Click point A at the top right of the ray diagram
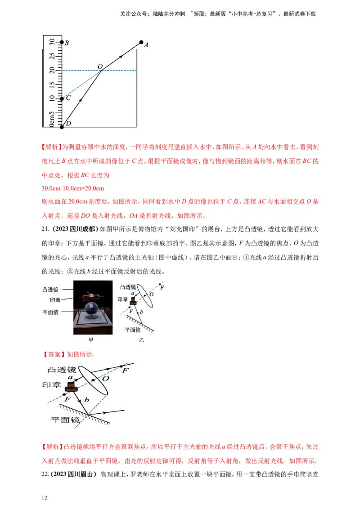141,42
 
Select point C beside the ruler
62,98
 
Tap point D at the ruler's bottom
62,127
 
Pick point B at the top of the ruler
62,42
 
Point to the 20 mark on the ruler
51,70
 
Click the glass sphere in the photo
92,310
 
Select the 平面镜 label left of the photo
50,311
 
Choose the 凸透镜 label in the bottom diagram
62,370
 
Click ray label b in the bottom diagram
86,399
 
